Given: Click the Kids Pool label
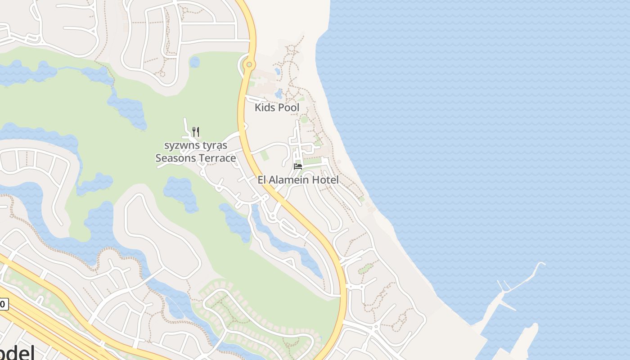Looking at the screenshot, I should tap(277, 108).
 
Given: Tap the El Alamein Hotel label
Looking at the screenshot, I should tap(298, 180).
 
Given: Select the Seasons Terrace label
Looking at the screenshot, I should tap(195, 158).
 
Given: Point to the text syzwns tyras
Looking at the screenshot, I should tap(196, 146).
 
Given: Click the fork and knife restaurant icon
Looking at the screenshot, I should tap(196, 131).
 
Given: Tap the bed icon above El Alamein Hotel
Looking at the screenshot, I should tap(298, 166).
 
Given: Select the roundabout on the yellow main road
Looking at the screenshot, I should tap(249, 65).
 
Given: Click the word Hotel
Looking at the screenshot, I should tap(325, 180).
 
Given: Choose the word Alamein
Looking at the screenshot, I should tap(289, 180).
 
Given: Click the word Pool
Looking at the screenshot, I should tap(288, 108).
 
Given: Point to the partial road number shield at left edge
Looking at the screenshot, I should tap(3, 305).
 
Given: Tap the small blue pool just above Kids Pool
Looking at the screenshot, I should tap(279, 94).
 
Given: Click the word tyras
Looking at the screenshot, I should tap(215, 146).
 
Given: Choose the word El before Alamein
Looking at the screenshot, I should tap(262, 180).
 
